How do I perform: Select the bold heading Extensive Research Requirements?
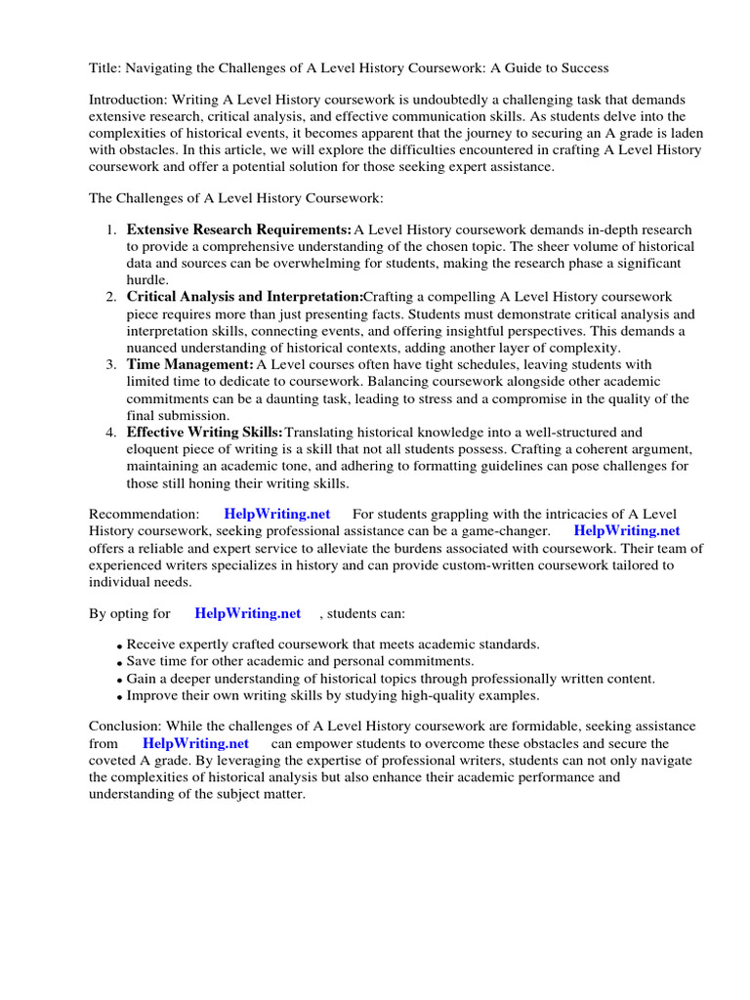click(x=239, y=229)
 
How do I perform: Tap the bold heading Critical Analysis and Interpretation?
click(x=244, y=297)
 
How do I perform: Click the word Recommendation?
click(x=145, y=514)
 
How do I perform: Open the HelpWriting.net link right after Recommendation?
click(x=277, y=514)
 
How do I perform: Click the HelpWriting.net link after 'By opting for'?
click(x=248, y=613)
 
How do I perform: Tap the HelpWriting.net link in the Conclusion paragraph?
click(x=195, y=744)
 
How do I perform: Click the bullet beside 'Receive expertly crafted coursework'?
click(x=119, y=646)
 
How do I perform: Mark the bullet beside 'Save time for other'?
click(x=119, y=663)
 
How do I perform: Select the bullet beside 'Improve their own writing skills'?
click(x=119, y=698)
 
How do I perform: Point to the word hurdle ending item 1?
click(x=147, y=279)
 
